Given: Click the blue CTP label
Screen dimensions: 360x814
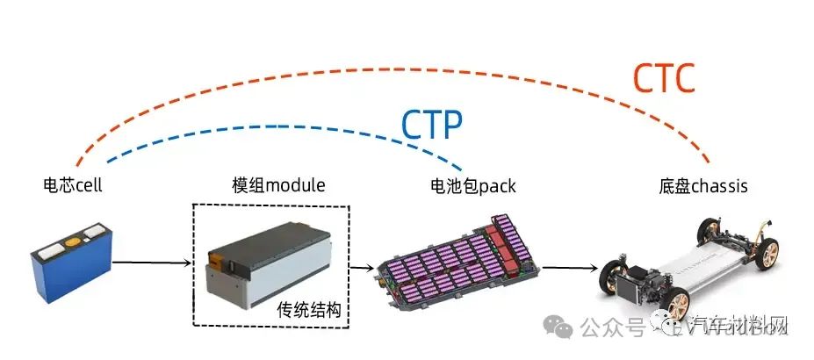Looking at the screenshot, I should [x=431, y=126].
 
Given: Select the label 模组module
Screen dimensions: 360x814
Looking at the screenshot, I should [x=278, y=186].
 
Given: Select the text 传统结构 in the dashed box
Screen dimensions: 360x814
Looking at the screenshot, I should [x=308, y=310].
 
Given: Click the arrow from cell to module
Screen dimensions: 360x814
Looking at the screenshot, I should [x=152, y=262].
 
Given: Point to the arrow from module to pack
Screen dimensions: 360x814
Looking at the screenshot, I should [x=361, y=267].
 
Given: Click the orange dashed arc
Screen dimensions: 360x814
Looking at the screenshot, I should [x=386, y=68].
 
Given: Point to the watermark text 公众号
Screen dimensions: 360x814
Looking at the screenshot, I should [x=613, y=328].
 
